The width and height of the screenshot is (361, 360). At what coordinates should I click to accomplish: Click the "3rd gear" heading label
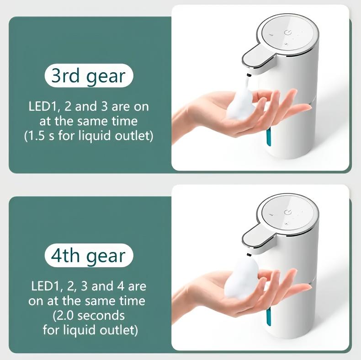pyautogui.click(x=88, y=75)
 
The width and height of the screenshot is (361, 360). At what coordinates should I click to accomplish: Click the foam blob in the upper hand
pyautogui.click(x=242, y=106)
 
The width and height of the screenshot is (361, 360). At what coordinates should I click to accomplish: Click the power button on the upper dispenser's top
pyautogui.click(x=287, y=33)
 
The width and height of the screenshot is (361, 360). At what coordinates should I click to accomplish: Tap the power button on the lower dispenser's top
pyautogui.click(x=287, y=211)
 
